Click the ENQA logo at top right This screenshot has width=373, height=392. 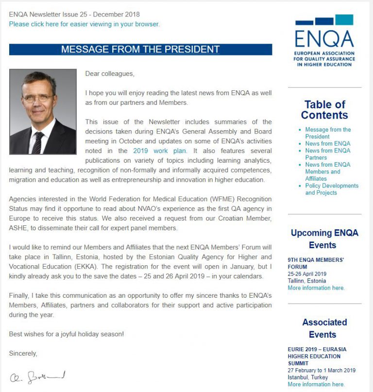click(x=324, y=41)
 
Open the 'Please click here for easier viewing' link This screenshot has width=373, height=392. click(x=84, y=24)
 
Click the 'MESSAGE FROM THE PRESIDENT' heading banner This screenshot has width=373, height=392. click(x=140, y=50)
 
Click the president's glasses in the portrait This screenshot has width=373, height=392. click(x=38, y=98)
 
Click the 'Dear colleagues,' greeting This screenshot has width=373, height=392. click(x=110, y=73)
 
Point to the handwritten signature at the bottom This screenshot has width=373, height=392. click(x=37, y=376)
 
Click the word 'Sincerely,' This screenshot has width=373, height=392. click(x=23, y=353)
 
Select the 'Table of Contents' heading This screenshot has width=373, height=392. click(x=324, y=110)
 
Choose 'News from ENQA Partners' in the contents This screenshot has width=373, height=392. click(x=327, y=154)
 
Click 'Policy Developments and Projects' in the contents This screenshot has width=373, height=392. click(x=331, y=189)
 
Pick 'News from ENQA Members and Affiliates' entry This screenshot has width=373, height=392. click(x=327, y=171)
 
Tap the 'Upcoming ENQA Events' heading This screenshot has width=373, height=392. click(x=324, y=239)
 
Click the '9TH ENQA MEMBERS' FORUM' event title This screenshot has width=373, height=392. click(x=316, y=263)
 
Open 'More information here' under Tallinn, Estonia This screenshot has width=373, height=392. click(x=316, y=288)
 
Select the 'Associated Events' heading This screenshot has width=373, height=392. click(x=324, y=328)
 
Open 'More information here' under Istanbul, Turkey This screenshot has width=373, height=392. click(x=316, y=384)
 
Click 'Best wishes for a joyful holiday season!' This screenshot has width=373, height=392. click(x=67, y=334)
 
